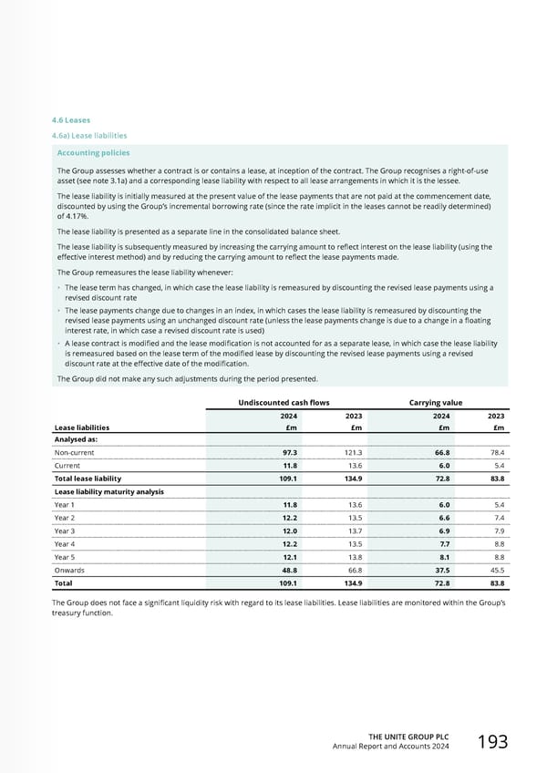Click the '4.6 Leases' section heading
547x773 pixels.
[x=70, y=119]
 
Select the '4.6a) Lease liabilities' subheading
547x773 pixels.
[x=88, y=136]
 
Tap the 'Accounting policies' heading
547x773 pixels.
[x=93, y=153]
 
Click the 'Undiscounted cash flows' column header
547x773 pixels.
[x=272, y=402]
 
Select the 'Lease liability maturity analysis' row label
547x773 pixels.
[x=108, y=491]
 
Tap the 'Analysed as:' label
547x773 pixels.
[x=77, y=439]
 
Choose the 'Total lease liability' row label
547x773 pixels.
[x=88, y=479]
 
